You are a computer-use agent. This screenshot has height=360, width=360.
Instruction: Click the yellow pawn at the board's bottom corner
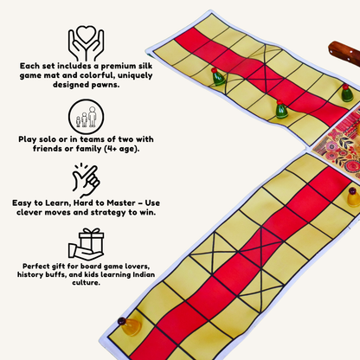[131, 326]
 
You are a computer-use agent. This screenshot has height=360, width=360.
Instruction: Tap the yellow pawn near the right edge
[353, 196]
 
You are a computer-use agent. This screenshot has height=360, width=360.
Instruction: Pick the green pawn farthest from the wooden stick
[219, 78]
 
